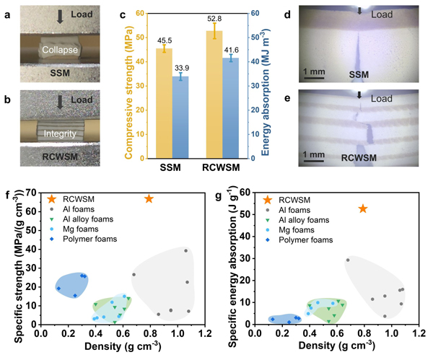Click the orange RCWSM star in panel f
[x=149, y=198]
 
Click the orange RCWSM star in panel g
[x=363, y=208]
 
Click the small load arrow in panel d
[x=359, y=11]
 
